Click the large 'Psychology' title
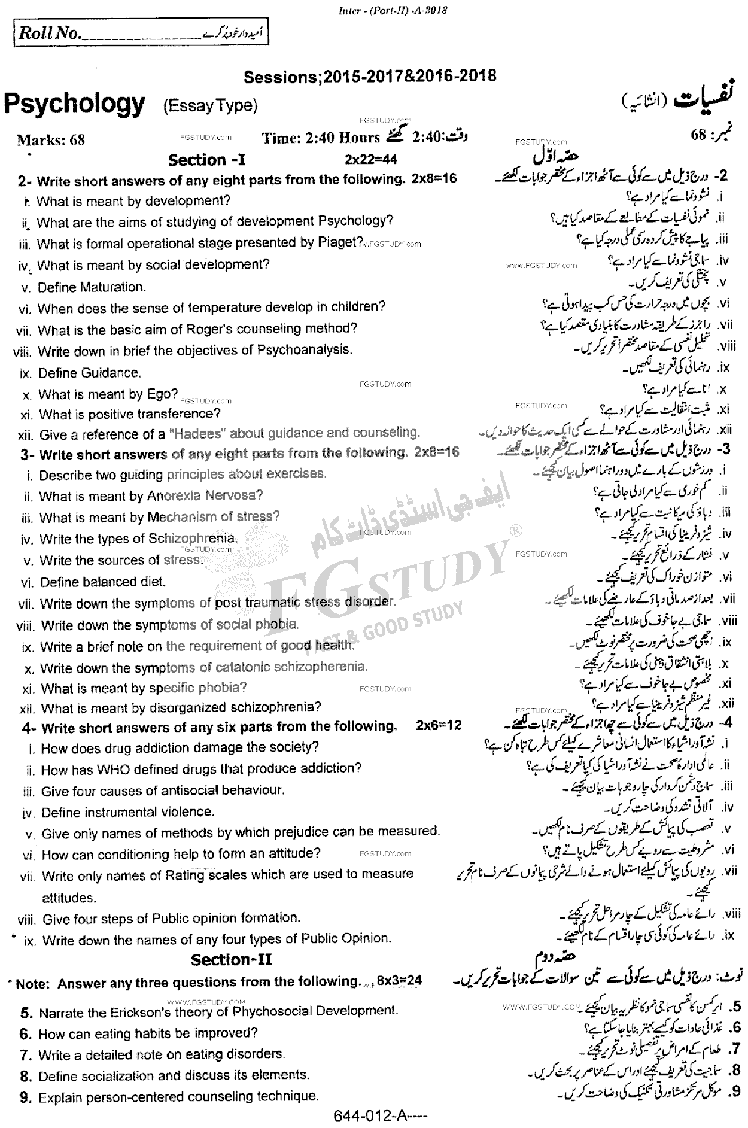(x=74, y=104)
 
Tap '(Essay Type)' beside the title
(x=210, y=106)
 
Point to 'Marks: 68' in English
(x=51, y=140)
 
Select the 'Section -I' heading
(x=206, y=160)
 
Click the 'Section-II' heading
(x=232, y=959)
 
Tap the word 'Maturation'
(x=110, y=287)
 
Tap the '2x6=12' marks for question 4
(x=439, y=726)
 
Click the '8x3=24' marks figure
(x=408, y=981)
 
